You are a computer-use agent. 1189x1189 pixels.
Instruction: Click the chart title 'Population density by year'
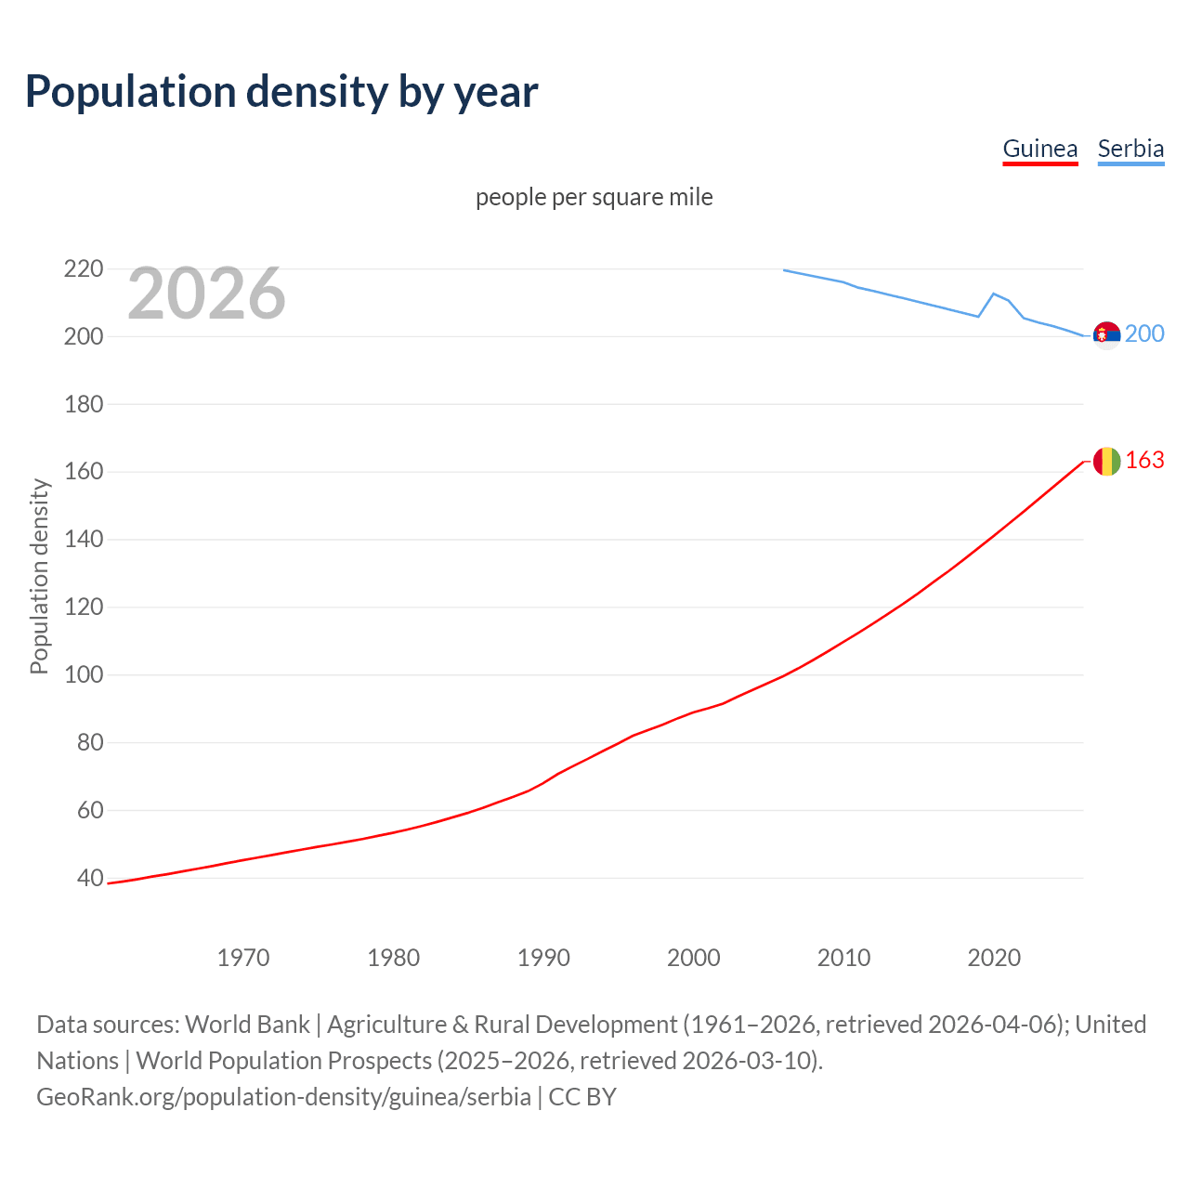tap(281, 92)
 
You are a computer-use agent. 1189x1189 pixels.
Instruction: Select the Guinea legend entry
tap(1039, 149)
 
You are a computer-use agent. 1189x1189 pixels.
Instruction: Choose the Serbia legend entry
tap(1130, 149)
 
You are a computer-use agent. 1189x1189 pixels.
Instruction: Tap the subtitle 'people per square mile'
tap(594, 197)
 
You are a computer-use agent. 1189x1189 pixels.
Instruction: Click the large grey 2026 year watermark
tap(206, 294)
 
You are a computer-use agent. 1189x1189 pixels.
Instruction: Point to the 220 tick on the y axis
tap(83, 269)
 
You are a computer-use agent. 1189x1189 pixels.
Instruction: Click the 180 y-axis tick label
tap(83, 404)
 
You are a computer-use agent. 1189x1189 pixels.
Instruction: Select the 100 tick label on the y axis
tap(83, 674)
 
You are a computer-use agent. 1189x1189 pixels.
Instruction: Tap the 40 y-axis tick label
tap(89, 878)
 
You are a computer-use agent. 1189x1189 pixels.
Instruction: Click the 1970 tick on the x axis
tap(243, 958)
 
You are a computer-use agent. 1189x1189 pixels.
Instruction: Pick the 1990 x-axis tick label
tap(543, 958)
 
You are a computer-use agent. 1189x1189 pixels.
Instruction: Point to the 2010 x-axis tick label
tap(843, 958)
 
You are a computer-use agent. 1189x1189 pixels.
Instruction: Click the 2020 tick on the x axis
tap(994, 958)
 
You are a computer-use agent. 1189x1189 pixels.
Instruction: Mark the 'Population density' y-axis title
tap(39, 576)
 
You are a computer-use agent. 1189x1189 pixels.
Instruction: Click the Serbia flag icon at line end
tap(1106, 334)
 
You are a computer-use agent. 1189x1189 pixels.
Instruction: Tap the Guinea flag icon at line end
tap(1106, 461)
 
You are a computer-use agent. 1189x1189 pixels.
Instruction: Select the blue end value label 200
tap(1144, 334)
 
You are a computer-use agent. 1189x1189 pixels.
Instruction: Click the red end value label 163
tap(1144, 461)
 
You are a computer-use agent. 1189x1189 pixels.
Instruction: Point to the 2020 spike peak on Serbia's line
tap(994, 294)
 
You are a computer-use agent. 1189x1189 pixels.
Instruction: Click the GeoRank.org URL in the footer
tap(283, 1097)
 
